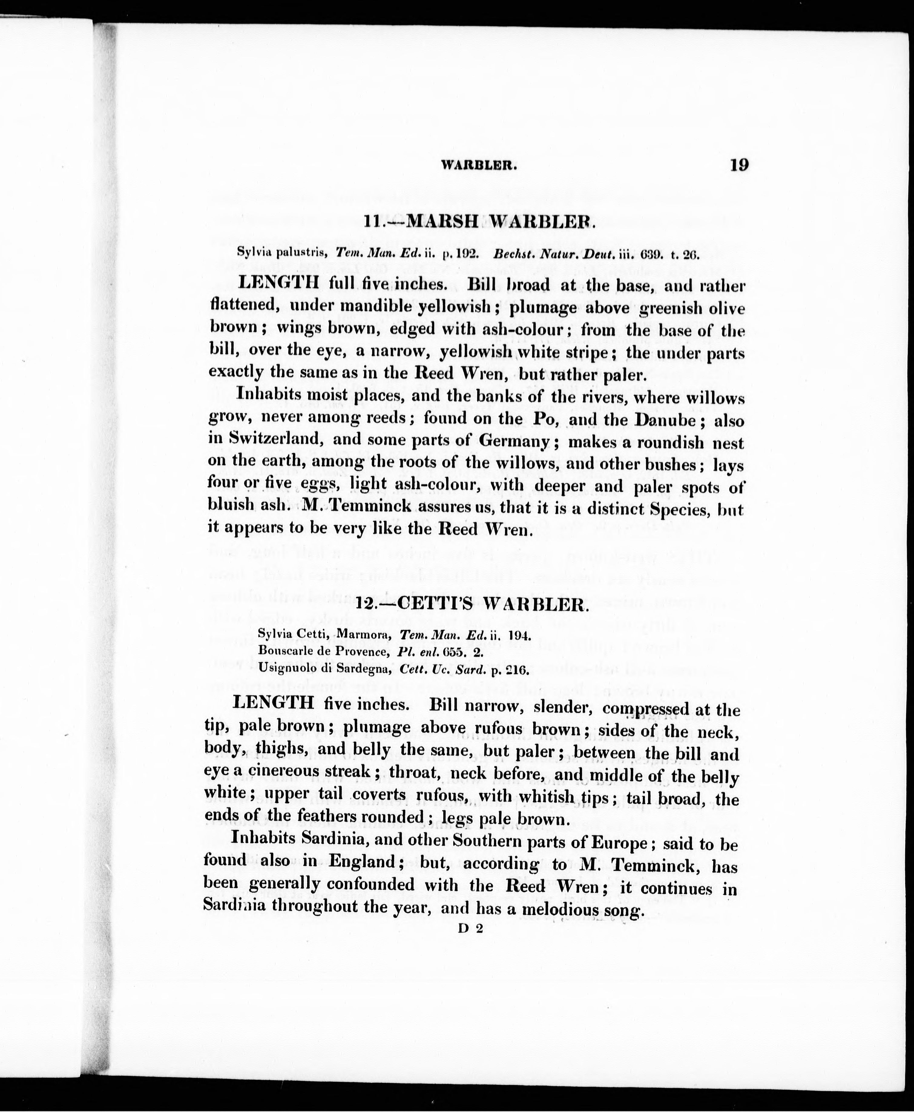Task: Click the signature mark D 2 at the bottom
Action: [470, 929]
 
